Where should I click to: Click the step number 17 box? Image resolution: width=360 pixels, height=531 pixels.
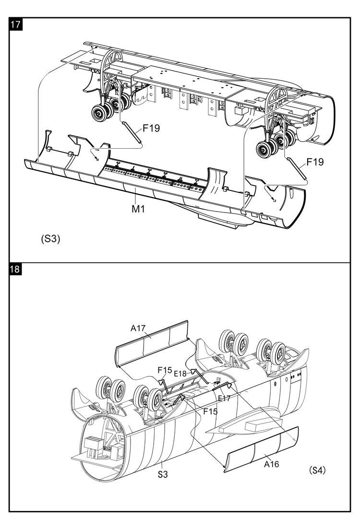tap(15, 24)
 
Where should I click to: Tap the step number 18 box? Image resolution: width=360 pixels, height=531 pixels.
tap(15, 269)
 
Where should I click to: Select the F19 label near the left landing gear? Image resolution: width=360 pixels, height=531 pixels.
tap(151, 129)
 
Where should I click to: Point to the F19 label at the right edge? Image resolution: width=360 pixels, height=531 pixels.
tap(315, 162)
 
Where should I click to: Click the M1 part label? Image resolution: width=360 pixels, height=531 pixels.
tap(138, 209)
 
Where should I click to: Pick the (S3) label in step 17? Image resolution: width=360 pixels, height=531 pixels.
tap(50, 239)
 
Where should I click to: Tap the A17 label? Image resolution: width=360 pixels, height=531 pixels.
tap(138, 328)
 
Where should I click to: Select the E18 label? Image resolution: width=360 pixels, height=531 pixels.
tap(180, 374)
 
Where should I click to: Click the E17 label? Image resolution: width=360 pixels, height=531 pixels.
tap(224, 398)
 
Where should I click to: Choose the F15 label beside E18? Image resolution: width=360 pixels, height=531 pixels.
tap(165, 370)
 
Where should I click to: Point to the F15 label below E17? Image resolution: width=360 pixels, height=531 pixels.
tap(211, 412)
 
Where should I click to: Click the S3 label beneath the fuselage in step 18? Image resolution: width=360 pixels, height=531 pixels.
tap(163, 474)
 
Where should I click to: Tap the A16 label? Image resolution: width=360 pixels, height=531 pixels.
tap(272, 464)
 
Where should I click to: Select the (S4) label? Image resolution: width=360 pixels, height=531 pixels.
tap(317, 470)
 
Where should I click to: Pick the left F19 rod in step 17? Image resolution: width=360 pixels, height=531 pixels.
tap(132, 132)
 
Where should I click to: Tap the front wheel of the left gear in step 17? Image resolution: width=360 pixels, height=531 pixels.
tap(100, 113)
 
